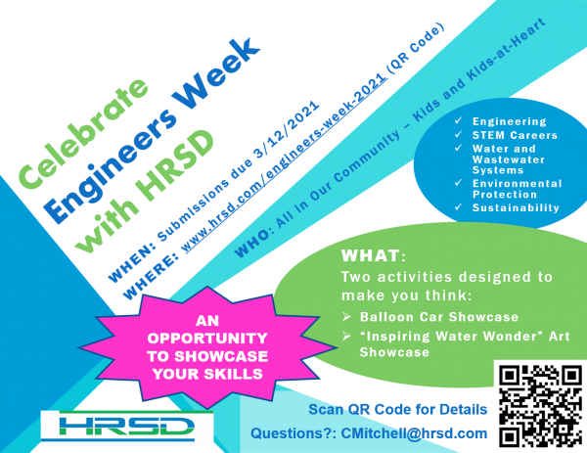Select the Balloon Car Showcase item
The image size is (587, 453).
pos(415,318)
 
